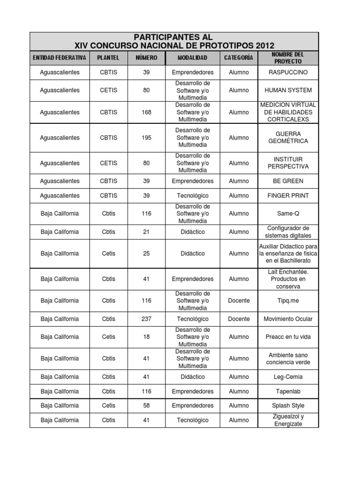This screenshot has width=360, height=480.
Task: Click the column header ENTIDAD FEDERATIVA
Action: (x=60, y=58)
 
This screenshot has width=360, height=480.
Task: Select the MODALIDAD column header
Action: (x=192, y=58)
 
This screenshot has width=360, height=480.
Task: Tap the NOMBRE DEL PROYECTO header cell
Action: (x=288, y=58)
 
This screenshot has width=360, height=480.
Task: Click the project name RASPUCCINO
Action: (x=288, y=72)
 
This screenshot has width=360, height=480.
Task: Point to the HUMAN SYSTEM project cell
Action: (x=288, y=90)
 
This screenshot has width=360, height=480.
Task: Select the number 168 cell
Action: (x=146, y=112)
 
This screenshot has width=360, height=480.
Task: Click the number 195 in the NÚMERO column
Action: (x=146, y=138)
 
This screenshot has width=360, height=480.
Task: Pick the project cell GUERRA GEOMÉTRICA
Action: (x=288, y=137)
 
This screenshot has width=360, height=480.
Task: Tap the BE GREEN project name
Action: (x=288, y=181)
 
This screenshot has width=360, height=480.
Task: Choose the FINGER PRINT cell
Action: (x=288, y=195)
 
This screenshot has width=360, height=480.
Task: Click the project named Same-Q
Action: (x=288, y=213)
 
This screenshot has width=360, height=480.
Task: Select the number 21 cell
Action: (x=146, y=232)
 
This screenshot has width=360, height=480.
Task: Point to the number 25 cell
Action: (x=146, y=253)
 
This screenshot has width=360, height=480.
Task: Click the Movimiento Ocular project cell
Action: (x=288, y=319)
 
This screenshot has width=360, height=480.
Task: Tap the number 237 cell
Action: (x=146, y=319)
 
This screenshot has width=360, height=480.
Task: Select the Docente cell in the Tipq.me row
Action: (x=239, y=300)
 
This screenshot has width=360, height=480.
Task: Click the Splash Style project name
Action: (x=288, y=405)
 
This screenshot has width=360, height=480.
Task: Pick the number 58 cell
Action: (x=146, y=405)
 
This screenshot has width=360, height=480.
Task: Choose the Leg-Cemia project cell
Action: (x=288, y=376)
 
